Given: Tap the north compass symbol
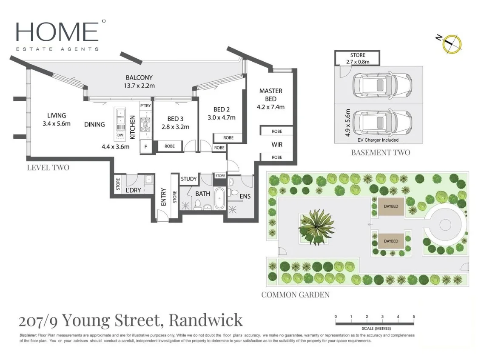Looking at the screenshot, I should (x=452, y=44).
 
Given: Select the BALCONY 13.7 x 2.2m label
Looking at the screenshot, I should (x=139, y=82).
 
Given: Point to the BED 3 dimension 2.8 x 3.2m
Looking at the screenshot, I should (x=175, y=127).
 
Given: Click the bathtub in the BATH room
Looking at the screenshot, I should (x=219, y=198).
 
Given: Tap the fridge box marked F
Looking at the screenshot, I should (x=146, y=147).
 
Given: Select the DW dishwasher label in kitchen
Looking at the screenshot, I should (x=120, y=135).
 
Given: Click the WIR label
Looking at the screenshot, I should (x=277, y=145).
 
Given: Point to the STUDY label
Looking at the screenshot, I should (x=189, y=179).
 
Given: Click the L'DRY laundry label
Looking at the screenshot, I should (x=133, y=190).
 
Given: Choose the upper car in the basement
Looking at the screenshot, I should (x=379, y=85).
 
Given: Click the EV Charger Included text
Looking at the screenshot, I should (x=378, y=140).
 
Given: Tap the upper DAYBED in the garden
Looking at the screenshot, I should (x=391, y=206).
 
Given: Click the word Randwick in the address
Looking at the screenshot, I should (x=206, y=320).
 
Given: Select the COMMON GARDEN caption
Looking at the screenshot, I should (x=295, y=294).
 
